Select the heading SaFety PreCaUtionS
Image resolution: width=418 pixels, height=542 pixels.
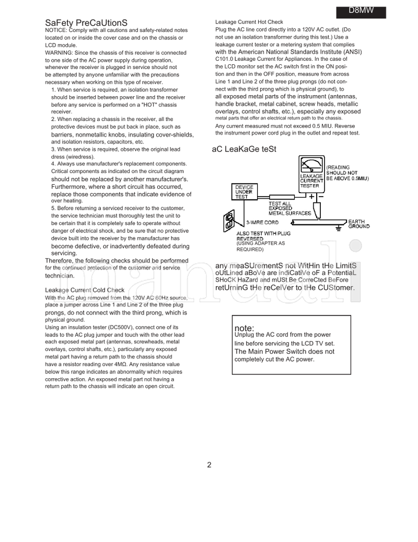click(86, 23)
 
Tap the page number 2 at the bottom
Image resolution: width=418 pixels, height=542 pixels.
click(209, 465)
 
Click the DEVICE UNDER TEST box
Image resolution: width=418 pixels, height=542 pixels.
click(244, 191)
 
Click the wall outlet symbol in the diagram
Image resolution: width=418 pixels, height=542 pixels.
click(229, 221)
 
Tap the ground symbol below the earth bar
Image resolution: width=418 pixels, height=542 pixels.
click(339, 228)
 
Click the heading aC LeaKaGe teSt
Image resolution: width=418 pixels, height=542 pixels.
click(243, 149)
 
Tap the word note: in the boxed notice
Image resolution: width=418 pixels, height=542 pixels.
click(245, 328)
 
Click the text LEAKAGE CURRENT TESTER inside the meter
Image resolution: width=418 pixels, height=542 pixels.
click(309, 181)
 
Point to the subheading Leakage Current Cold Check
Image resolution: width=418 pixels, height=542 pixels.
click(85, 290)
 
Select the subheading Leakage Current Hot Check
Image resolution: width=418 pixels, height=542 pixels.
click(249, 22)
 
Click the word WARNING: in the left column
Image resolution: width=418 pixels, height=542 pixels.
click(59, 53)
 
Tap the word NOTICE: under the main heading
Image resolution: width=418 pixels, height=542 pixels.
click(56, 31)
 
